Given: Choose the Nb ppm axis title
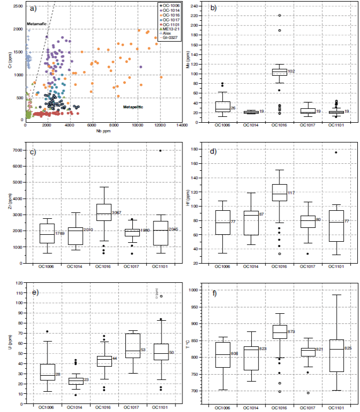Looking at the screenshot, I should [x=103, y=130].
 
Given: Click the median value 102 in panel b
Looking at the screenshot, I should [x=291, y=71].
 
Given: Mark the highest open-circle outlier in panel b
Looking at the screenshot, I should [x=279, y=15].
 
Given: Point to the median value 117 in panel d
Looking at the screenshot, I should [x=292, y=193].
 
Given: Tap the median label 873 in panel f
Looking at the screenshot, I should [x=292, y=332].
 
